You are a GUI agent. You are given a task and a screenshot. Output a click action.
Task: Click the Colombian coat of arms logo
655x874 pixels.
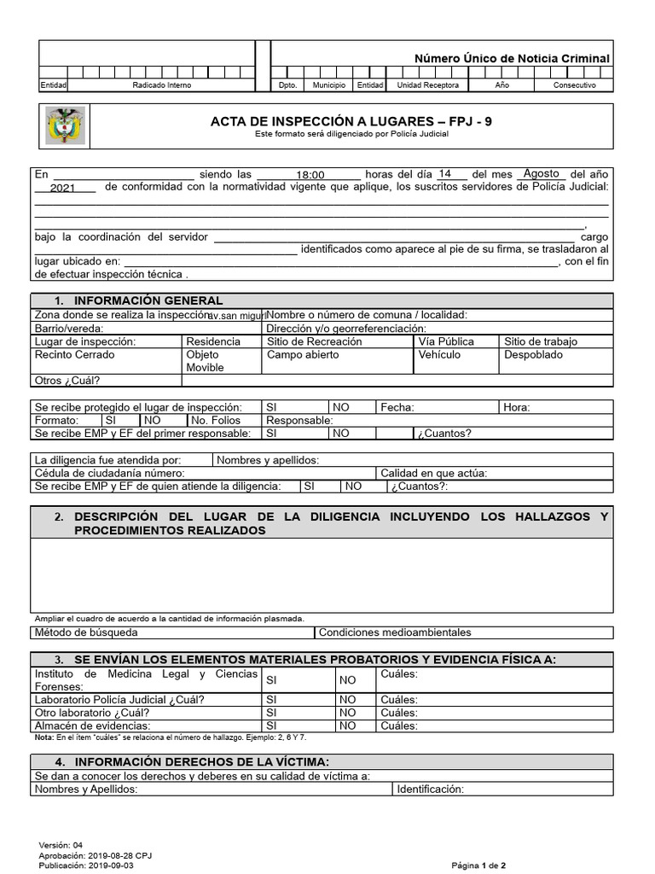[x=65, y=126]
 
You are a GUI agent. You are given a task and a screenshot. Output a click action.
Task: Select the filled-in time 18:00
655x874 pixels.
[x=310, y=175]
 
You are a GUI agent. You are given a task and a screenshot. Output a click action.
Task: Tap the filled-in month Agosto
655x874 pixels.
[x=541, y=173]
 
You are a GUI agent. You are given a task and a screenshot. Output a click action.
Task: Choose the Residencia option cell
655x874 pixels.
[x=213, y=341]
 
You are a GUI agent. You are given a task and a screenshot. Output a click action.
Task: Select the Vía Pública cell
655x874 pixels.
[x=446, y=341]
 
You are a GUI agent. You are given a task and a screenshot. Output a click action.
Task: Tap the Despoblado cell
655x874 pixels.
[x=533, y=355]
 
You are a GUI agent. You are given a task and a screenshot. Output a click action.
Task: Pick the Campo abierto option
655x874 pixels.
[x=303, y=355]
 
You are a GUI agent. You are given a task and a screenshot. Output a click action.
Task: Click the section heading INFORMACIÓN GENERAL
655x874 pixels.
[x=148, y=300]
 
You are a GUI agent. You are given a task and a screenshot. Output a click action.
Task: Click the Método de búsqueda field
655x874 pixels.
[x=85, y=632]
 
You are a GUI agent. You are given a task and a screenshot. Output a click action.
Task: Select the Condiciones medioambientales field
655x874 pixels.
[x=395, y=632]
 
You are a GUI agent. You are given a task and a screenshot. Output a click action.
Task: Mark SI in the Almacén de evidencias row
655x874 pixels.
[x=272, y=725]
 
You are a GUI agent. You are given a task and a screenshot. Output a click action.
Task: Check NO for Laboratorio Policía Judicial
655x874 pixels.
[x=347, y=700]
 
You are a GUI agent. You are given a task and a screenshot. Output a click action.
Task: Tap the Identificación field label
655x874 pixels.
[x=430, y=789]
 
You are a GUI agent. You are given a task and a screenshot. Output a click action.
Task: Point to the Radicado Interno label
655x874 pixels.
[x=162, y=85]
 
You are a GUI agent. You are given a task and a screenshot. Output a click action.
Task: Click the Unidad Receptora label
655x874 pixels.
[x=428, y=85]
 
